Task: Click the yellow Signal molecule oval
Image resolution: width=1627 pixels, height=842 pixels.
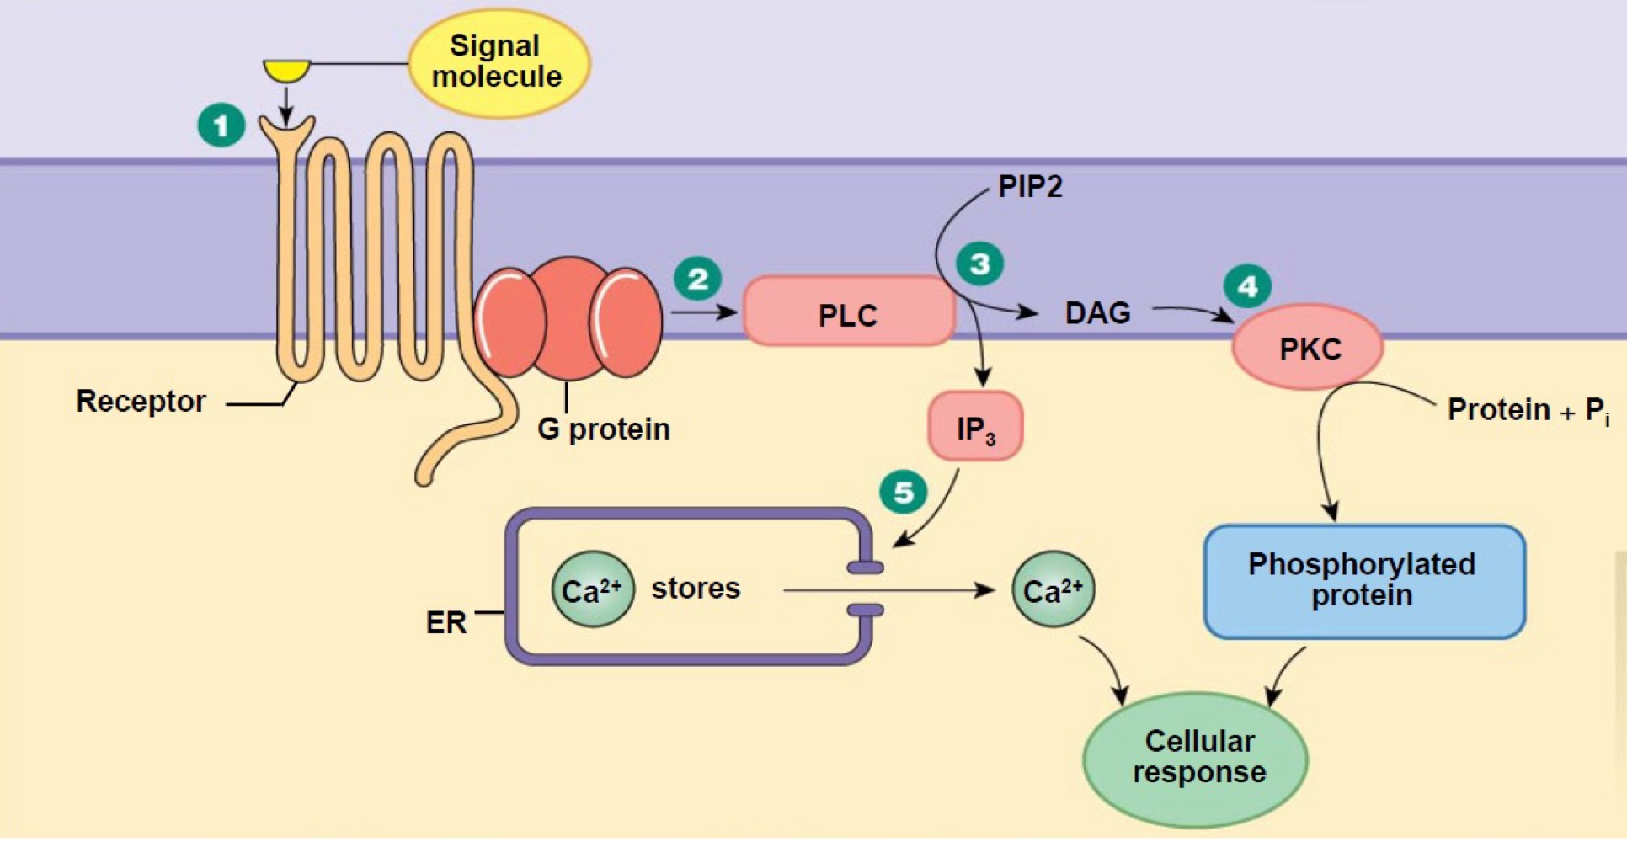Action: [498, 62]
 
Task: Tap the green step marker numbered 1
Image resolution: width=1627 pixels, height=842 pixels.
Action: [221, 125]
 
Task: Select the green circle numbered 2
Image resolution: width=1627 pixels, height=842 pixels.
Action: [697, 279]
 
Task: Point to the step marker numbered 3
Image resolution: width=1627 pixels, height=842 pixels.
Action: [979, 264]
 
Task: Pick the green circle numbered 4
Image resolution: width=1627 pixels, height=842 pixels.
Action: [1247, 286]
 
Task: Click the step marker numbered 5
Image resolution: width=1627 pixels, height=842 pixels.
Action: [903, 492]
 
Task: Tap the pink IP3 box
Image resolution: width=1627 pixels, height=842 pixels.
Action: [975, 428]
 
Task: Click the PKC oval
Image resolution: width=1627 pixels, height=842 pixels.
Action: [1308, 348]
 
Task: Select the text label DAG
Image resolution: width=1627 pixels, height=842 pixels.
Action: [1097, 313]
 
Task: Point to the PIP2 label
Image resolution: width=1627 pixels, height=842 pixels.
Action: [1030, 186]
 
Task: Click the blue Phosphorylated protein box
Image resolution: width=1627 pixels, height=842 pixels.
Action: [1363, 581]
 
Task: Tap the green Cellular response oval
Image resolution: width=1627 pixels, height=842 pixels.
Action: [1197, 757]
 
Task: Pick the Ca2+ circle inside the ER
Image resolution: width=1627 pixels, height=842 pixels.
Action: [592, 589]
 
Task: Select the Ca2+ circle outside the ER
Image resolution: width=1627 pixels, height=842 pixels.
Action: [1053, 589]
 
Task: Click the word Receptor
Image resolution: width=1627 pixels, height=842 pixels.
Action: [141, 401]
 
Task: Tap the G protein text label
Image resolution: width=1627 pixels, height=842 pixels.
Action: [603, 429]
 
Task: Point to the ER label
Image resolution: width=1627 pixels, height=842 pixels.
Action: [445, 622]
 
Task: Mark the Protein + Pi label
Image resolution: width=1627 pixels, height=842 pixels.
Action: [1527, 410]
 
